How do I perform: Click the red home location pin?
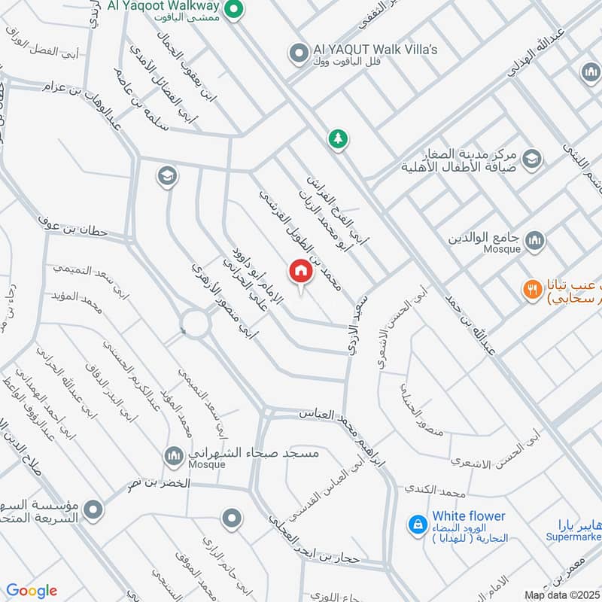300,271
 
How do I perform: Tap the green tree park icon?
338,138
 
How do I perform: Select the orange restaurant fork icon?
532,288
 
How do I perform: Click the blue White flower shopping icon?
415,524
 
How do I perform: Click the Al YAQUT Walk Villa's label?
375,50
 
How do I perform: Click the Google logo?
31,591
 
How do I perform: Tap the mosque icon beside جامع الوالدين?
534,240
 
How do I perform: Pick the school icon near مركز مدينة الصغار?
531,158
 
